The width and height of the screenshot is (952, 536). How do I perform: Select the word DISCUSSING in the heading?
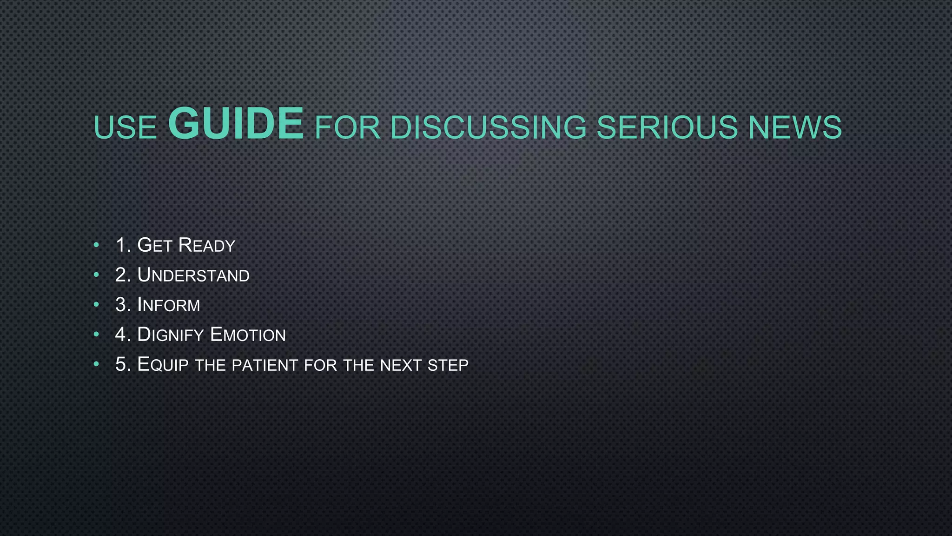(x=488, y=127)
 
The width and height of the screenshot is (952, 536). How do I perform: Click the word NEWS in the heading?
(x=795, y=127)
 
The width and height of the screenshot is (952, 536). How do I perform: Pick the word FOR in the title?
(x=347, y=127)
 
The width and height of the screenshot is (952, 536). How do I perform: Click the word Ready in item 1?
(x=207, y=246)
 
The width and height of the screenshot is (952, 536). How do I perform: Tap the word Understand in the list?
(x=193, y=275)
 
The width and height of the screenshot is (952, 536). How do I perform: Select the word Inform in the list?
(x=169, y=305)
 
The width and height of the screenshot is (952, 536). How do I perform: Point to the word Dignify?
(x=171, y=335)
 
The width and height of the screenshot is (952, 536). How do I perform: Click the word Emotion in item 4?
(x=248, y=335)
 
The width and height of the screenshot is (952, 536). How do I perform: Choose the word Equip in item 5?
(x=163, y=365)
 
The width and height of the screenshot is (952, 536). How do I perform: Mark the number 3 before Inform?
(x=121, y=305)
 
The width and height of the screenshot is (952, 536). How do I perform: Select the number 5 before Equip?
(x=121, y=365)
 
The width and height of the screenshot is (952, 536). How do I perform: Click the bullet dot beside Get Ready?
(x=96, y=245)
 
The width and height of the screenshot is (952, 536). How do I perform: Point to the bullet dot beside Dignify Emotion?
(x=96, y=334)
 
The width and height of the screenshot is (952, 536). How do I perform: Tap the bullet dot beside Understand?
(x=96, y=275)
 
